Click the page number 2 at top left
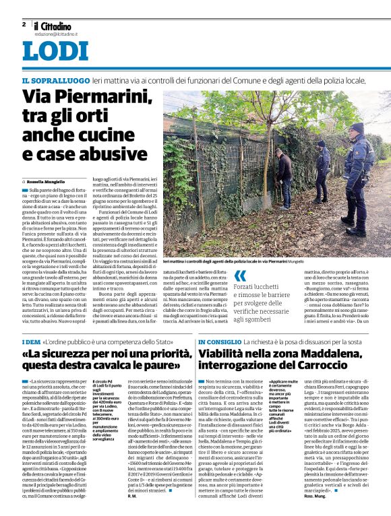pos(24,24)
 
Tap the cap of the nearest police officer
pos(356,127)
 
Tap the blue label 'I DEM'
pos(31,342)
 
